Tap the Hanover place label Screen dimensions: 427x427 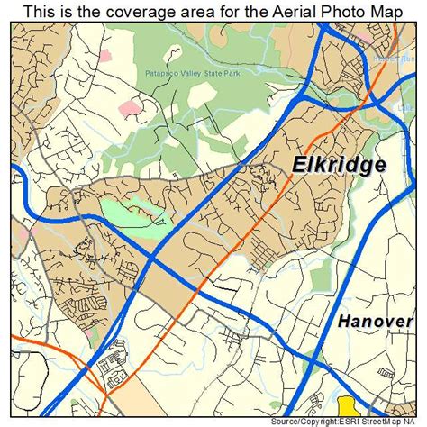376,322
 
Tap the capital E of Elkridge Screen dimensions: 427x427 298,164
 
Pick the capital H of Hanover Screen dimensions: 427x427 345,322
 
